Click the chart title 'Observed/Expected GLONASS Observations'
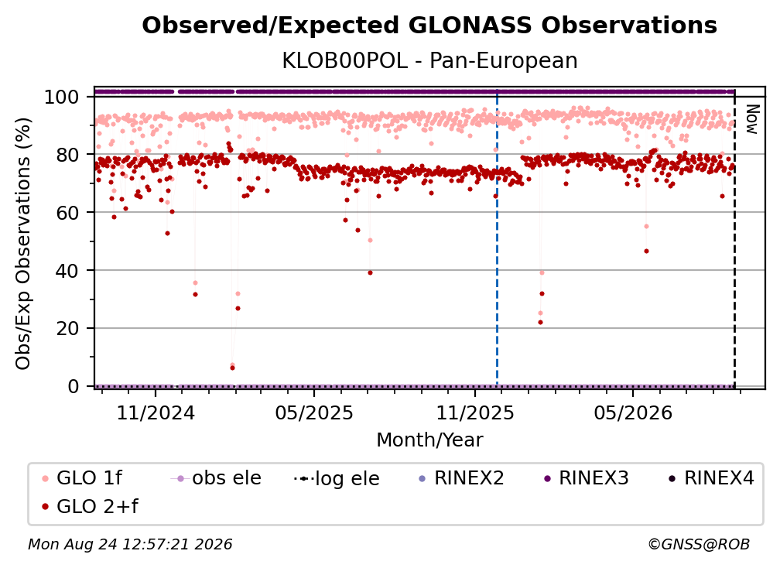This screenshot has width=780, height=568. pos(429,26)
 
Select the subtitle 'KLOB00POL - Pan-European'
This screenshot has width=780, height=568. pos(429,60)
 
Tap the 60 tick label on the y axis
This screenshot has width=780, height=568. pos(67,213)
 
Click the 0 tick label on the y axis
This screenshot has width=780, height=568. pos(74,386)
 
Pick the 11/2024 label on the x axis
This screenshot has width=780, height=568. pos(156,412)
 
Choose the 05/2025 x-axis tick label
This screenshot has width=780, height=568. pos(314,412)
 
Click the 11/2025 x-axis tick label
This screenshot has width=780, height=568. pos(475,412)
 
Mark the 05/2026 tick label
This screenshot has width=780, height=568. pos(633,412)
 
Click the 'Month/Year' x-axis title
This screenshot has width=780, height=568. pos(429,440)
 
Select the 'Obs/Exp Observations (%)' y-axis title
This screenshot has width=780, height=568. pos(23,244)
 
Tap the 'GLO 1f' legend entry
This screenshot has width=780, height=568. pos(81,478)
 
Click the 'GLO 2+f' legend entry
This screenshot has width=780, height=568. pos(90,506)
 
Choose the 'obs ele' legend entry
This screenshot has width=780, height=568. pos(215,478)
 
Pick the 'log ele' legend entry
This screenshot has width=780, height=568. pos(337,479)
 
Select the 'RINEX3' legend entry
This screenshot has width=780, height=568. pos(586,478)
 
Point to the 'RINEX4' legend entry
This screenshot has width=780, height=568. pos(711,478)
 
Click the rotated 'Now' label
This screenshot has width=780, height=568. pos(751,119)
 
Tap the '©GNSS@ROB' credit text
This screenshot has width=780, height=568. pos(699,545)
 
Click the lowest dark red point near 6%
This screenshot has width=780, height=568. pos(232,368)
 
